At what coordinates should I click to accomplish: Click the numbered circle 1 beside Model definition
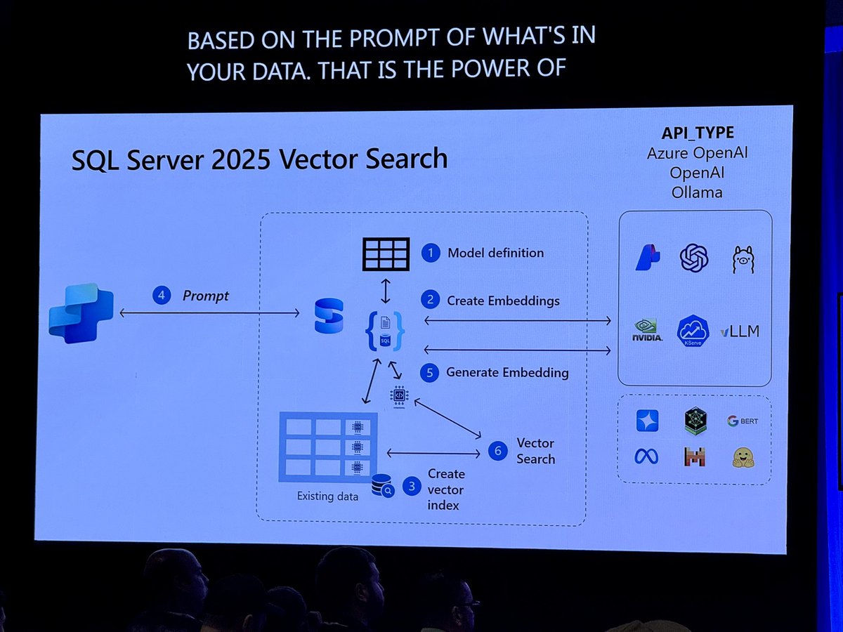(x=430, y=253)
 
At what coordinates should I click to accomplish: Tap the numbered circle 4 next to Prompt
(x=162, y=296)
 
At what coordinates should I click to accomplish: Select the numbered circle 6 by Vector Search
(x=497, y=451)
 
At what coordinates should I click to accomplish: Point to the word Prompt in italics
(x=205, y=296)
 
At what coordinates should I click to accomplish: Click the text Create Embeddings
(x=503, y=301)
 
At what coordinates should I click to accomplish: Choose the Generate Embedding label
(x=507, y=373)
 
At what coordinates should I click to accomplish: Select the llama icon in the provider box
(x=743, y=259)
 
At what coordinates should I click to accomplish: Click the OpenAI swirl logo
(x=693, y=258)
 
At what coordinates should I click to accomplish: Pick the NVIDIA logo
(x=646, y=331)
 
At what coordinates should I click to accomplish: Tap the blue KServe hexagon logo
(x=693, y=330)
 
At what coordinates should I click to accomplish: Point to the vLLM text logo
(x=740, y=331)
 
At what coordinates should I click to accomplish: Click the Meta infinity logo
(x=646, y=456)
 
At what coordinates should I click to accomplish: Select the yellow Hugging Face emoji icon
(x=743, y=457)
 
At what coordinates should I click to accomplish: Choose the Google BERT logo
(x=742, y=421)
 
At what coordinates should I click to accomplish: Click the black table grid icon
(x=386, y=254)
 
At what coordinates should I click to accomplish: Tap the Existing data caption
(x=327, y=496)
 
